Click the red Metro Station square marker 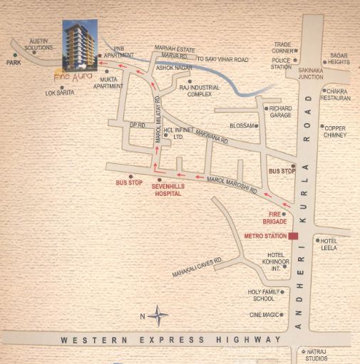[294, 236]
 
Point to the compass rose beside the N [160, 315]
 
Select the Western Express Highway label [171, 340]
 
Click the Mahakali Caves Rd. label [197, 268]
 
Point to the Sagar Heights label [339, 58]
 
